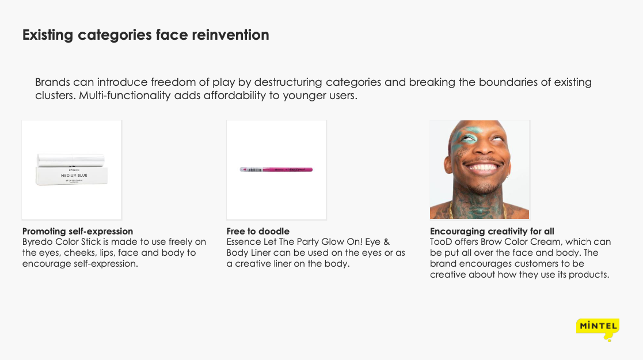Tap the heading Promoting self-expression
pos(78,231)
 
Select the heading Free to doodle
pos(258,231)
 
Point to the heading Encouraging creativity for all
pos(492,231)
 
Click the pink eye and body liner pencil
pos(276,169)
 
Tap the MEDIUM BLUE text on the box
pos(74,175)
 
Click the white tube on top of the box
pos(71,160)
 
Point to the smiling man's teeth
pos(484,168)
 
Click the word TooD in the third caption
pos(441,242)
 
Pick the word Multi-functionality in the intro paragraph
pos(125,95)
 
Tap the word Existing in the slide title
pos(48,35)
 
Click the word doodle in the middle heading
pos(275,231)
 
